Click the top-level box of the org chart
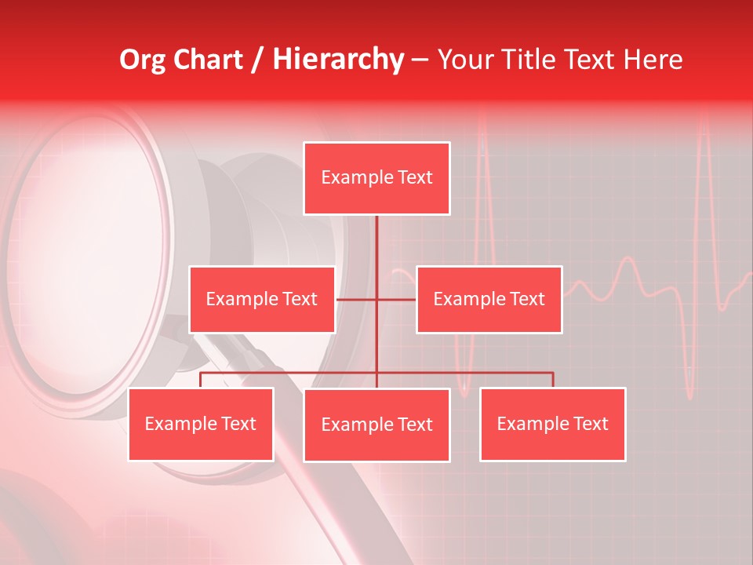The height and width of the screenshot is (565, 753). click(x=376, y=178)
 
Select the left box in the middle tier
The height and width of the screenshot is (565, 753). click(x=262, y=299)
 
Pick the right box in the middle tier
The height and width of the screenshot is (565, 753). click(x=489, y=299)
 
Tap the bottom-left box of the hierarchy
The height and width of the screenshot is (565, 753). click(x=201, y=424)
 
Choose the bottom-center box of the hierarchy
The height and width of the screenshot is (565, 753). click(x=376, y=425)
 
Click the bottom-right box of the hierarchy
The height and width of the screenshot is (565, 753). click(x=552, y=424)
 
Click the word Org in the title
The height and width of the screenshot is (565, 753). click(x=142, y=60)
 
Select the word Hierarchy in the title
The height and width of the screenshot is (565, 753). click(x=338, y=60)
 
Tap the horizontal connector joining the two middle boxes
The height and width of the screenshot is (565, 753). click(x=357, y=299)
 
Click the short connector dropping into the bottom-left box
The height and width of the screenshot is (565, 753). click(x=201, y=380)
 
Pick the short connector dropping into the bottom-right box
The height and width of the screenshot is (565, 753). click(x=553, y=380)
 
